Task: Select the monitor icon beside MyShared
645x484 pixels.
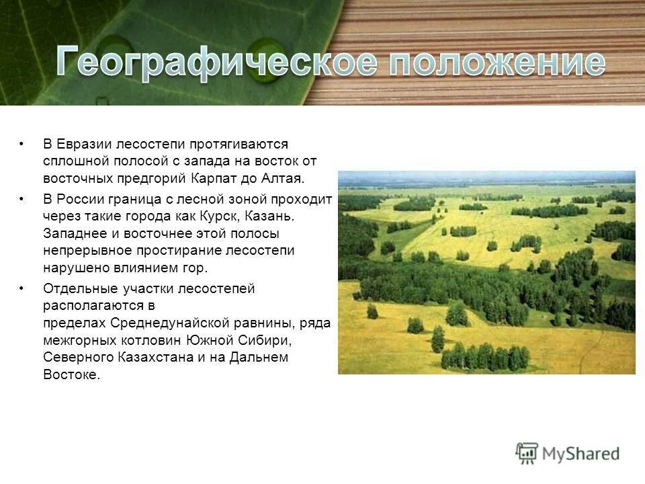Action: point(527,453)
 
